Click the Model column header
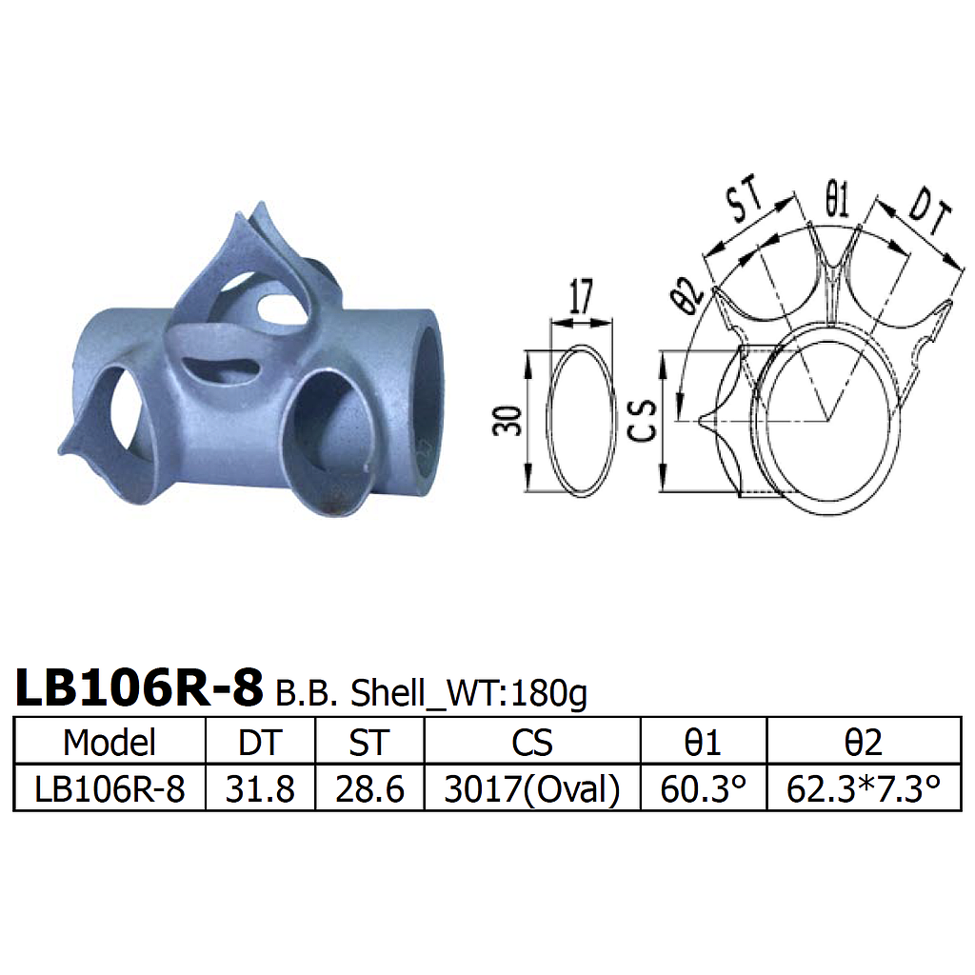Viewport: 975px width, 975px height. click(109, 743)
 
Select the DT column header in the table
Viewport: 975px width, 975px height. click(260, 743)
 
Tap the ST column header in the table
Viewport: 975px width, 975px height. click(369, 743)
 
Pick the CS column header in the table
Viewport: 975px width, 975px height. click(532, 743)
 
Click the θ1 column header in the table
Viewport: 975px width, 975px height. click(704, 743)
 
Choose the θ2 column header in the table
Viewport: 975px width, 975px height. click(864, 743)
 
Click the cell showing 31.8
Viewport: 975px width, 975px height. click(260, 789)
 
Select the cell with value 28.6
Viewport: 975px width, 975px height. click(369, 789)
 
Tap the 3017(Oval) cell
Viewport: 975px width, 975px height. click(532, 789)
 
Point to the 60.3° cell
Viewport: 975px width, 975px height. click(704, 789)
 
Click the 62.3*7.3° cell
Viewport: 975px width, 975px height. click(864, 789)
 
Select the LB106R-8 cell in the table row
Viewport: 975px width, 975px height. click(109, 789)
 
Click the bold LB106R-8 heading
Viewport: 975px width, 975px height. click(139, 688)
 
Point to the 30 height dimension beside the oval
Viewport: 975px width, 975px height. click(512, 420)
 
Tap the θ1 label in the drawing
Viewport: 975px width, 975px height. click(836, 202)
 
